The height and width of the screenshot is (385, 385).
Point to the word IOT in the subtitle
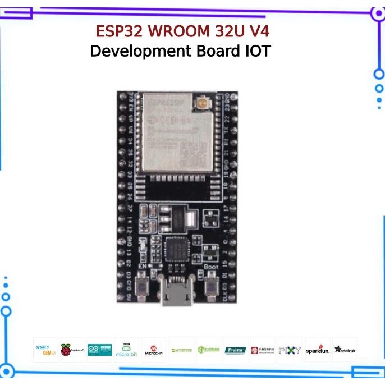[x=256, y=52]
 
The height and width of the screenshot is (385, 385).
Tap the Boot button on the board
[x=212, y=289]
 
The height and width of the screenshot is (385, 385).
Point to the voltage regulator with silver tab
[x=174, y=218]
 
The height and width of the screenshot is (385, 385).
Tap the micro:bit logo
[x=126, y=350]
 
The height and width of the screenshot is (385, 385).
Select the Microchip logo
[x=154, y=350]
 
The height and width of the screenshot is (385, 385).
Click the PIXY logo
[x=290, y=350]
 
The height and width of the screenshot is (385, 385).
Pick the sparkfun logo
[x=317, y=350]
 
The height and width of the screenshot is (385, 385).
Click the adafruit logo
[x=345, y=350]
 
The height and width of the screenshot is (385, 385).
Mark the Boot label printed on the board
[x=211, y=267]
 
